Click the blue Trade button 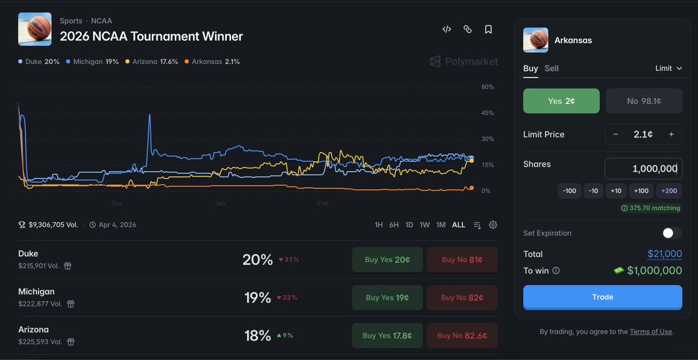click(603, 297)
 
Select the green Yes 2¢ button click(561, 101)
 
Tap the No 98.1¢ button click(644, 101)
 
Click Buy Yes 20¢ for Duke click(387, 260)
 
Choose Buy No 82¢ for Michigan click(462, 298)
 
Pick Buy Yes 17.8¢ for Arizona click(387, 336)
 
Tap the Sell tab click(551, 69)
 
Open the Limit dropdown click(668, 69)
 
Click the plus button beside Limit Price click(671, 134)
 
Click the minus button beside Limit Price click(616, 134)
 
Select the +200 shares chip click(669, 191)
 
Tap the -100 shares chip click(570, 191)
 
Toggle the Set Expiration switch click(672, 233)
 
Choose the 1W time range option click(425, 225)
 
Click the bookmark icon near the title click(489, 29)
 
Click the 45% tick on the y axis click(487, 113)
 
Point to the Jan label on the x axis click(220, 204)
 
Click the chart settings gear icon click(493, 225)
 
